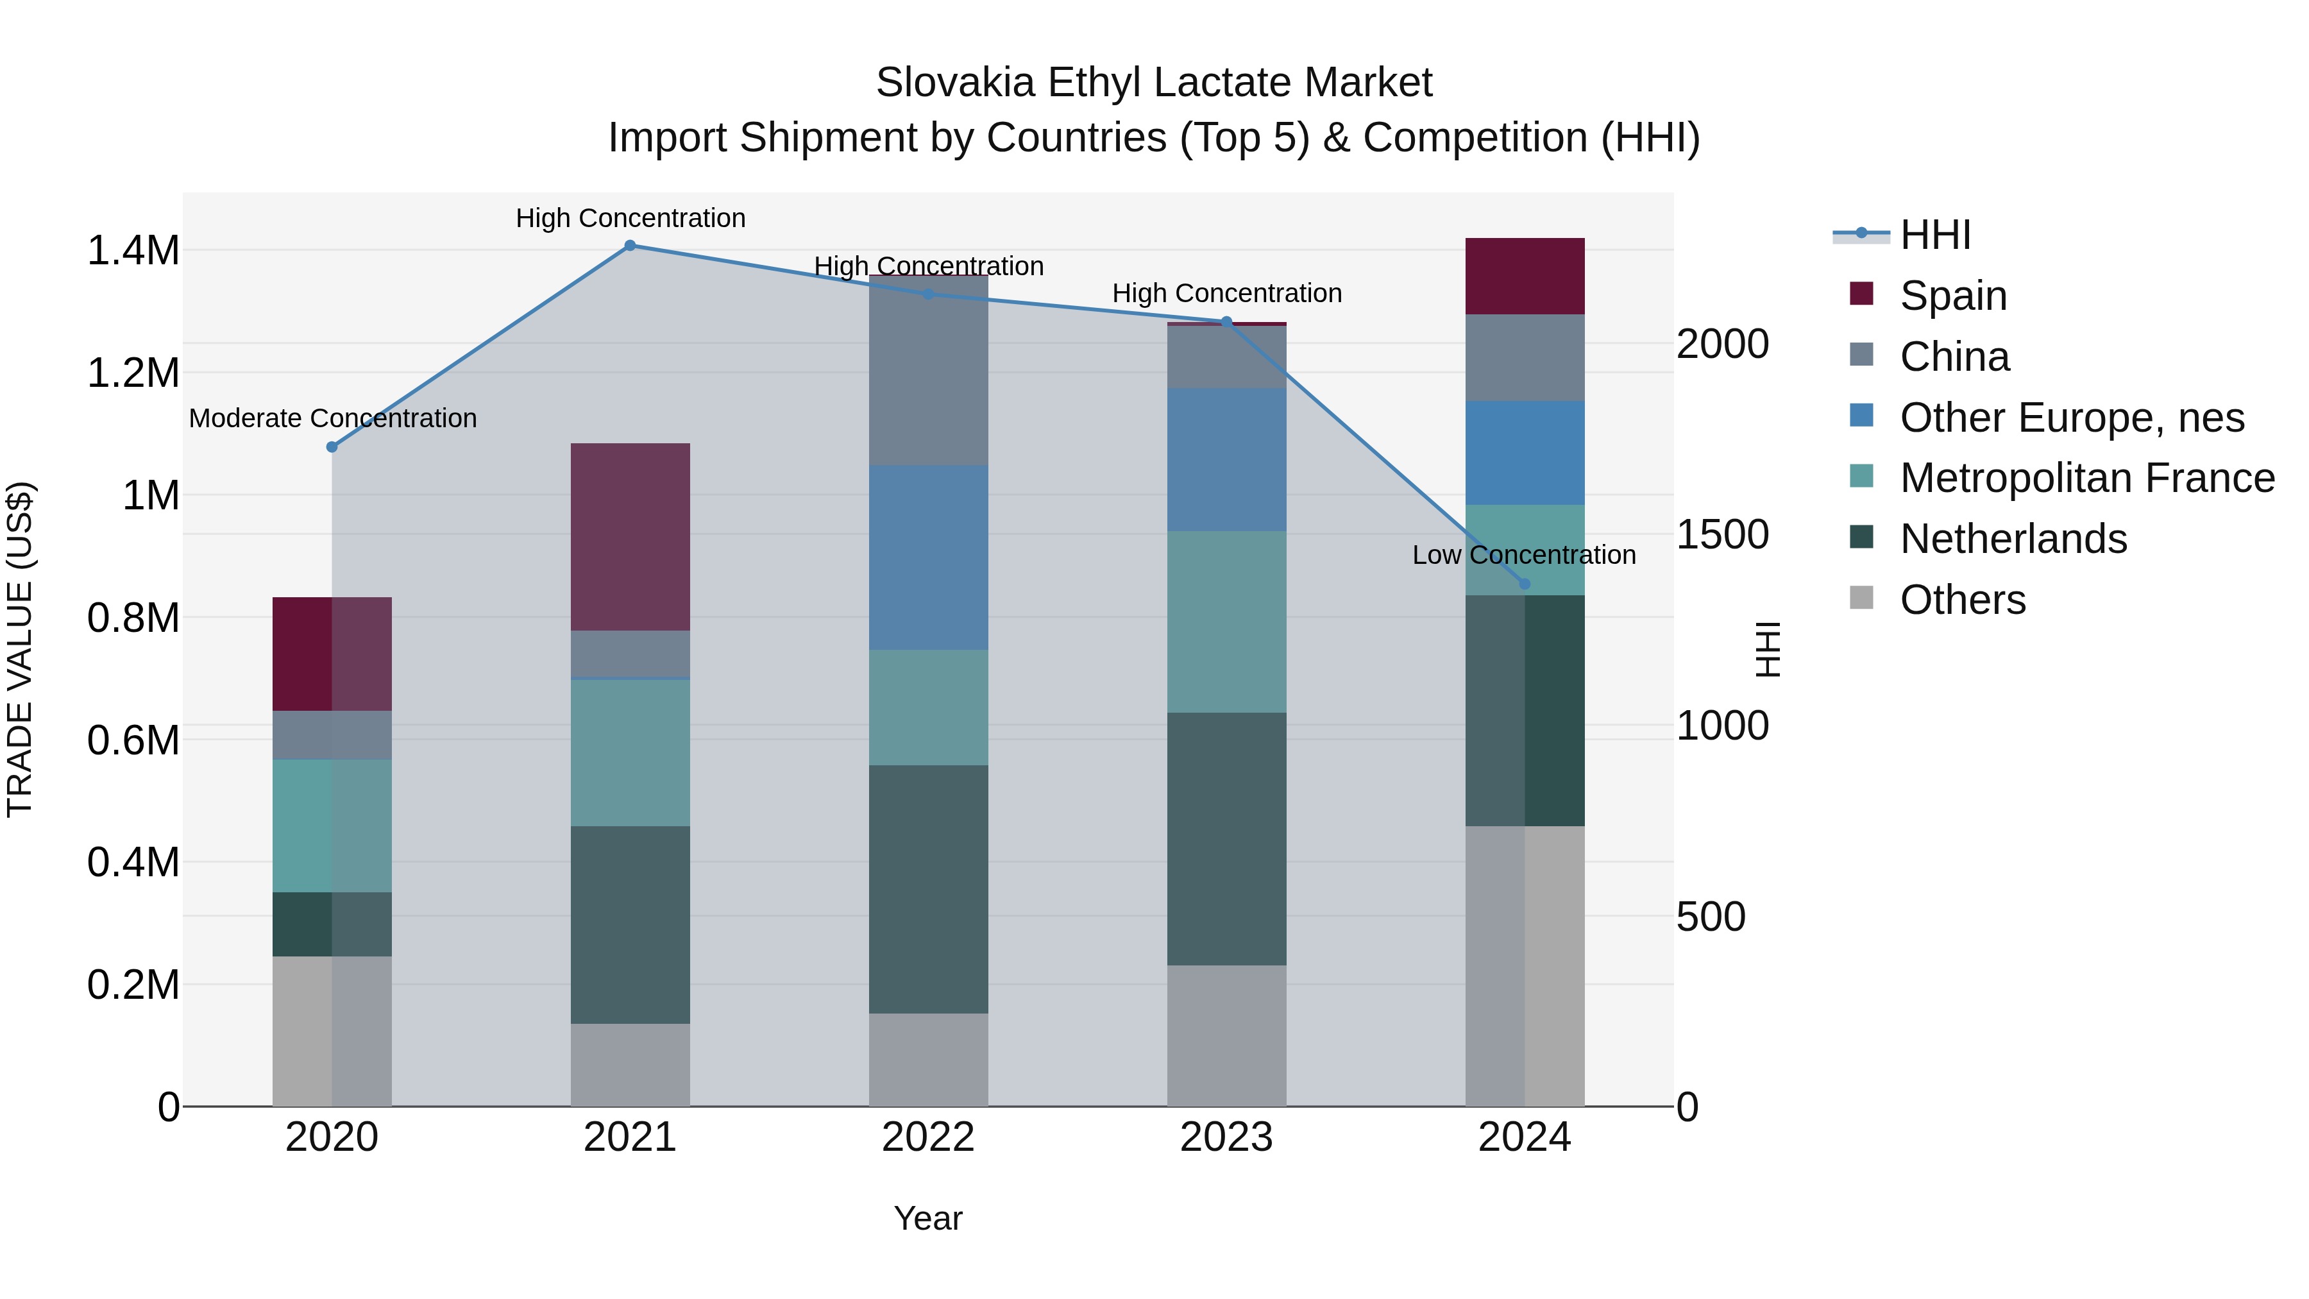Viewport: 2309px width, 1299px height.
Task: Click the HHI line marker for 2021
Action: click(x=630, y=246)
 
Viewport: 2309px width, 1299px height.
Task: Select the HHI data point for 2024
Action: click(x=1525, y=584)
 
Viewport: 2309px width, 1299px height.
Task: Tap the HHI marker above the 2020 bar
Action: click(x=332, y=446)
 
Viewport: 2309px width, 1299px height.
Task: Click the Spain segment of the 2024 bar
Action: click(x=1525, y=276)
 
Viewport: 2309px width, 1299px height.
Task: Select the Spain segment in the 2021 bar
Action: click(x=630, y=536)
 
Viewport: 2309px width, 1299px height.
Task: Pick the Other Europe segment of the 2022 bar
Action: click(x=929, y=557)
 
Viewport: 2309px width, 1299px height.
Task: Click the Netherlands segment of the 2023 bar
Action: click(x=1226, y=838)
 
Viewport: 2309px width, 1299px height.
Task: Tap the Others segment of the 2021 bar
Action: click(x=630, y=1064)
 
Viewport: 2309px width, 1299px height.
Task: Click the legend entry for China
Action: click(x=1954, y=357)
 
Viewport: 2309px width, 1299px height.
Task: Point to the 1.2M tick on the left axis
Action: click(x=133, y=373)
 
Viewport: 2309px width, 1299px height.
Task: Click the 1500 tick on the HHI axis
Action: click(x=1722, y=535)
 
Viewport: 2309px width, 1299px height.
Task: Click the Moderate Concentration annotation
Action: click(x=332, y=419)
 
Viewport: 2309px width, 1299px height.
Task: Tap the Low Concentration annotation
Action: click(x=1524, y=555)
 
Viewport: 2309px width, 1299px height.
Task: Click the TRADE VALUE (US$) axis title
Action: click(x=20, y=649)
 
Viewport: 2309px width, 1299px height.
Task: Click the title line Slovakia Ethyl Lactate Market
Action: click(x=1154, y=83)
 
